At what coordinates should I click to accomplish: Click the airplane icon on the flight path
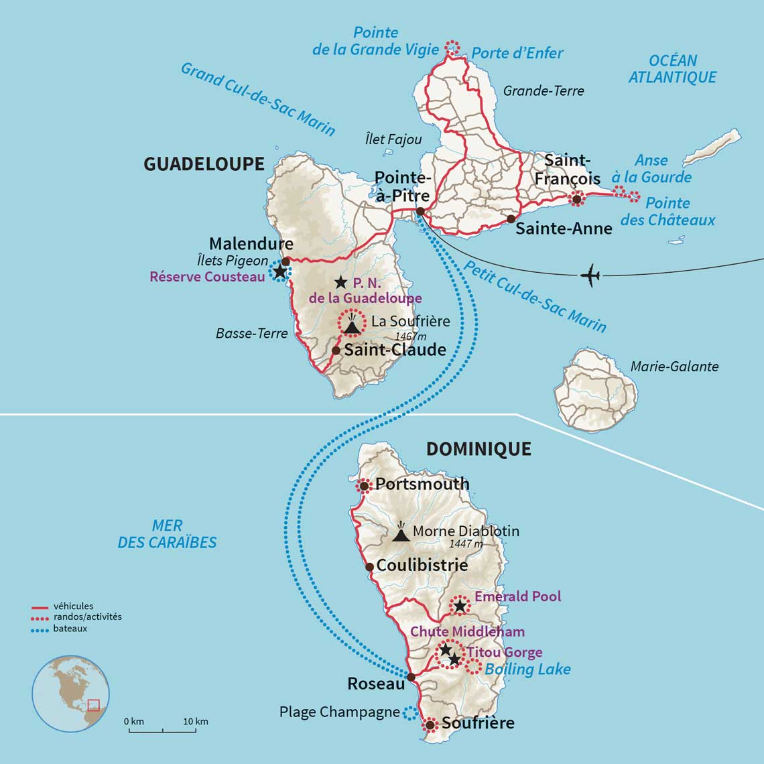(x=589, y=275)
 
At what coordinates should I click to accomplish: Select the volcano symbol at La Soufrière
(x=351, y=324)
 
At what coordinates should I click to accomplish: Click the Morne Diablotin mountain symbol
(x=401, y=533)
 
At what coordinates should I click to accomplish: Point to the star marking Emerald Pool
(x=459, y=606)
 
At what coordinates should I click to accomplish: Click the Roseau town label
(x=376, y=684)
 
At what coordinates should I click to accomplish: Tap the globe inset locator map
(x=70, y=694)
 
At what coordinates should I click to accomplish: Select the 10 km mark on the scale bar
(x=196, y=722)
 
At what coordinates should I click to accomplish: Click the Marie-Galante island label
(x=674, y=367)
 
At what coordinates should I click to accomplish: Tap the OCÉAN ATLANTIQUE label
(x=672, y=69)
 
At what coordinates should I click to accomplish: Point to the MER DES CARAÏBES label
(x=167, y=534)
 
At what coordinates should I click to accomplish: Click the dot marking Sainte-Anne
(x=511, y=219)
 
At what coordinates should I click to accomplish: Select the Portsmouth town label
(x=422, y=484)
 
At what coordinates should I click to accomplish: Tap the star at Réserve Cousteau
(x=277, y=271)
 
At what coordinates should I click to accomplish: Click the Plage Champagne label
(x=339, y=712)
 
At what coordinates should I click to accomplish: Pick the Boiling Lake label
(x=527, y=669)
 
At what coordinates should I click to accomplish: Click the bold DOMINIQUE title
(x=479, y=449)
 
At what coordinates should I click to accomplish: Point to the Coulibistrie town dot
(x=369, y=567)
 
